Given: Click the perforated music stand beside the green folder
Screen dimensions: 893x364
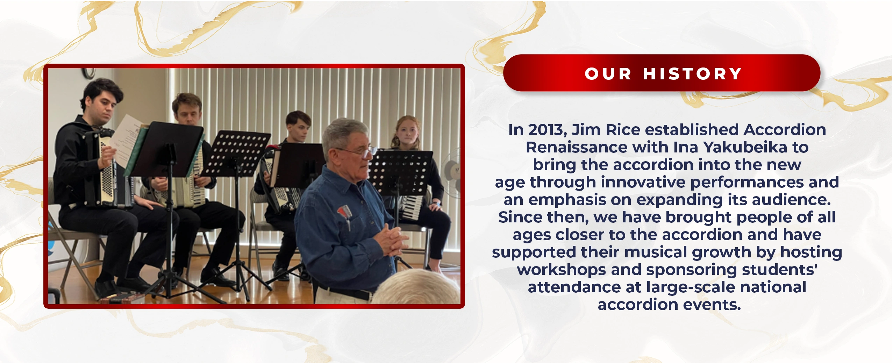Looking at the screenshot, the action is pyautogui.click(x=237, y=154).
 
